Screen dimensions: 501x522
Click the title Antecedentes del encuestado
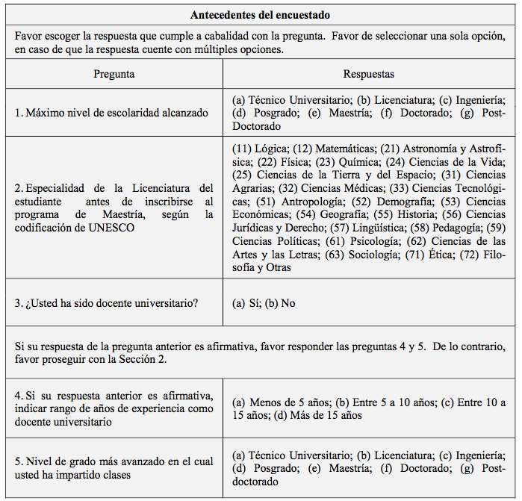pos(260,15)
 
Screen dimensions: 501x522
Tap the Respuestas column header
pos(368,74)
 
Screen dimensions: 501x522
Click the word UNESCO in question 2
pos(113,228)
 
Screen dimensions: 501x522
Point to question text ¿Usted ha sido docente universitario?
pos(106,303)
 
